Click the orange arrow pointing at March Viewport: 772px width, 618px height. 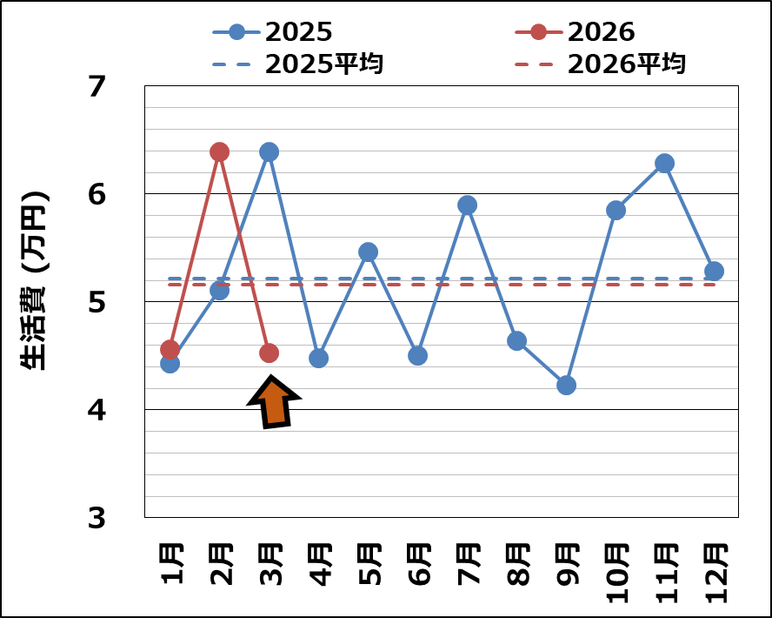pos(274,402)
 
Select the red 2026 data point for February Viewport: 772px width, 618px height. pos(219,151)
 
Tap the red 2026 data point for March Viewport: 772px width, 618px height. pos(269,353)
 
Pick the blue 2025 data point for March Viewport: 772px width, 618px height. pos(269,151)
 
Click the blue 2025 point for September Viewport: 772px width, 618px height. pos(566,385)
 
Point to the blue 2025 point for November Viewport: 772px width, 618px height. pos(664,163)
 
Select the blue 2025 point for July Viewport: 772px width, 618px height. pos(467,205)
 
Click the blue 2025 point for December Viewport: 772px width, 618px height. pos(714,271)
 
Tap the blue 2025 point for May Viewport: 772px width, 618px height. pos(368,252)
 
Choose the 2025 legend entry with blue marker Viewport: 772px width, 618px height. pos(273,32)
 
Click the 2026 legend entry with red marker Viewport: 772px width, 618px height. pos(576,32)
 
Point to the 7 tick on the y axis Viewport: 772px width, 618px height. pos(96,86)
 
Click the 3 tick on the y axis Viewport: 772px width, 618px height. pos(96,518)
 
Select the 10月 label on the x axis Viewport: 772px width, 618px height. pos(616,573)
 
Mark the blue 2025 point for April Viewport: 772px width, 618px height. pos(318,358)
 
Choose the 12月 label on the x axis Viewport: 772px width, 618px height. pos(715,573)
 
